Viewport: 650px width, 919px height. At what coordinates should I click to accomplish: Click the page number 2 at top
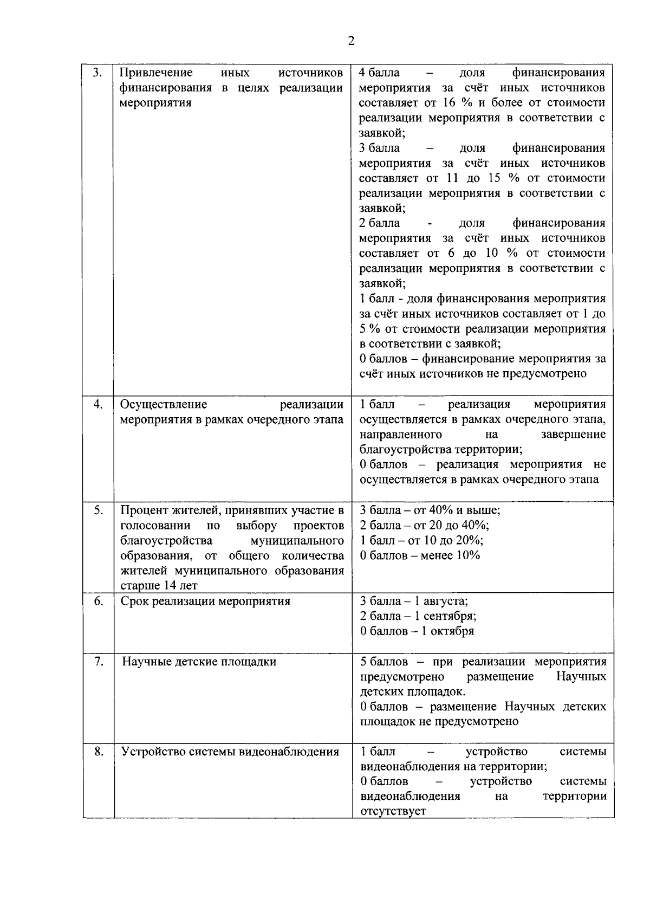point(351,42)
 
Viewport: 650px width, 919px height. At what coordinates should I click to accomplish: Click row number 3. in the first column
point(97,73)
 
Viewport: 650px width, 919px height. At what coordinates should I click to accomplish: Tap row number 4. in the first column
point(98,404)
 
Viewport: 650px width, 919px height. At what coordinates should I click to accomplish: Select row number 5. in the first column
point(98,510)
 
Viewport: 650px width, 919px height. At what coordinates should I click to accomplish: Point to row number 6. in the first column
point(98,601)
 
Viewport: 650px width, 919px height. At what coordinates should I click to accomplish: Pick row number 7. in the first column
point(98,661)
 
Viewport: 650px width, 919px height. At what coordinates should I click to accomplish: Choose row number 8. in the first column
point(98,752)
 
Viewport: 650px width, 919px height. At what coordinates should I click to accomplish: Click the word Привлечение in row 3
point(156,73)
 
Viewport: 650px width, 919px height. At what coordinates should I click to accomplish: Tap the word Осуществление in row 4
point(163,404)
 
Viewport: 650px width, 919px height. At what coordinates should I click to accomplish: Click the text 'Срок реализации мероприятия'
point(205,601)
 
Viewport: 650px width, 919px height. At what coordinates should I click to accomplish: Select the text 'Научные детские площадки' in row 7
point(199,662)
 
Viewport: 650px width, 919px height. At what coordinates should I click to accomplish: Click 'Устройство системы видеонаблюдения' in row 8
point(230,752)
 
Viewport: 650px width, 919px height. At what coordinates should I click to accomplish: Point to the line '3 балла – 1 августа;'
point(414,601)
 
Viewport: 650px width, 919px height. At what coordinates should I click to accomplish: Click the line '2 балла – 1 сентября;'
point(418,616)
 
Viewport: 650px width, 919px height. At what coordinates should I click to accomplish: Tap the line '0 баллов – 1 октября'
point(417,631)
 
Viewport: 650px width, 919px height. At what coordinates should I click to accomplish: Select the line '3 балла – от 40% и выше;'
point(430,510)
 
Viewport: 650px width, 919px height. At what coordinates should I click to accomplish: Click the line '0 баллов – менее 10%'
point(420,555)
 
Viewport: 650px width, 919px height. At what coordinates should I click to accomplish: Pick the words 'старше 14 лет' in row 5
point(159,586)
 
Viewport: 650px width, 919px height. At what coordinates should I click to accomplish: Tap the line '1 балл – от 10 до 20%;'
point(421,540)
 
